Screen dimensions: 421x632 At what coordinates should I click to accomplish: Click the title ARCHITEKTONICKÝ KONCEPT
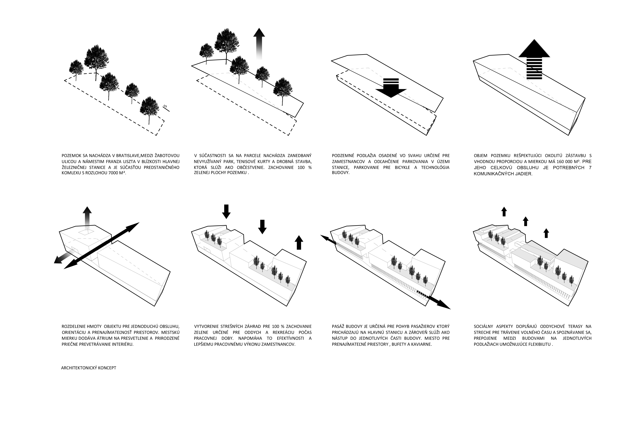point(88,368)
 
